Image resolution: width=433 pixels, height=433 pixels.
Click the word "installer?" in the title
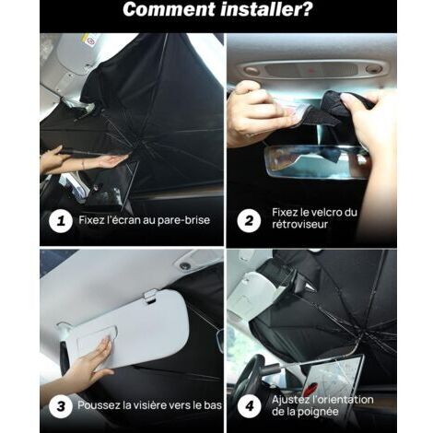click(x=267, y=9)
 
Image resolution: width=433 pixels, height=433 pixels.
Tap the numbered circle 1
click(x=61, y=220)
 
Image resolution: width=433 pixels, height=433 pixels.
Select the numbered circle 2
click(x=249, y=220)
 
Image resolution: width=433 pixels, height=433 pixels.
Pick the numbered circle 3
click(x=61, y=406)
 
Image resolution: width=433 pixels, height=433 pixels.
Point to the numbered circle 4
click(x=250, y=406)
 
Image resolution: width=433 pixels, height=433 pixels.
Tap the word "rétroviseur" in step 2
click(x=299, y=224)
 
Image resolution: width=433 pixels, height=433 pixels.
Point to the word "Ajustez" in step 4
click(x=290, y=400)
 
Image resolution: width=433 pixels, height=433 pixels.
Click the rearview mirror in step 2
click(x=316, y=162)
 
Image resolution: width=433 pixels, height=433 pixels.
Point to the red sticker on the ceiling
click(x=91, y=41)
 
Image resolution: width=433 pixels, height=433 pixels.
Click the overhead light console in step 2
click(x=311, y=70)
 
